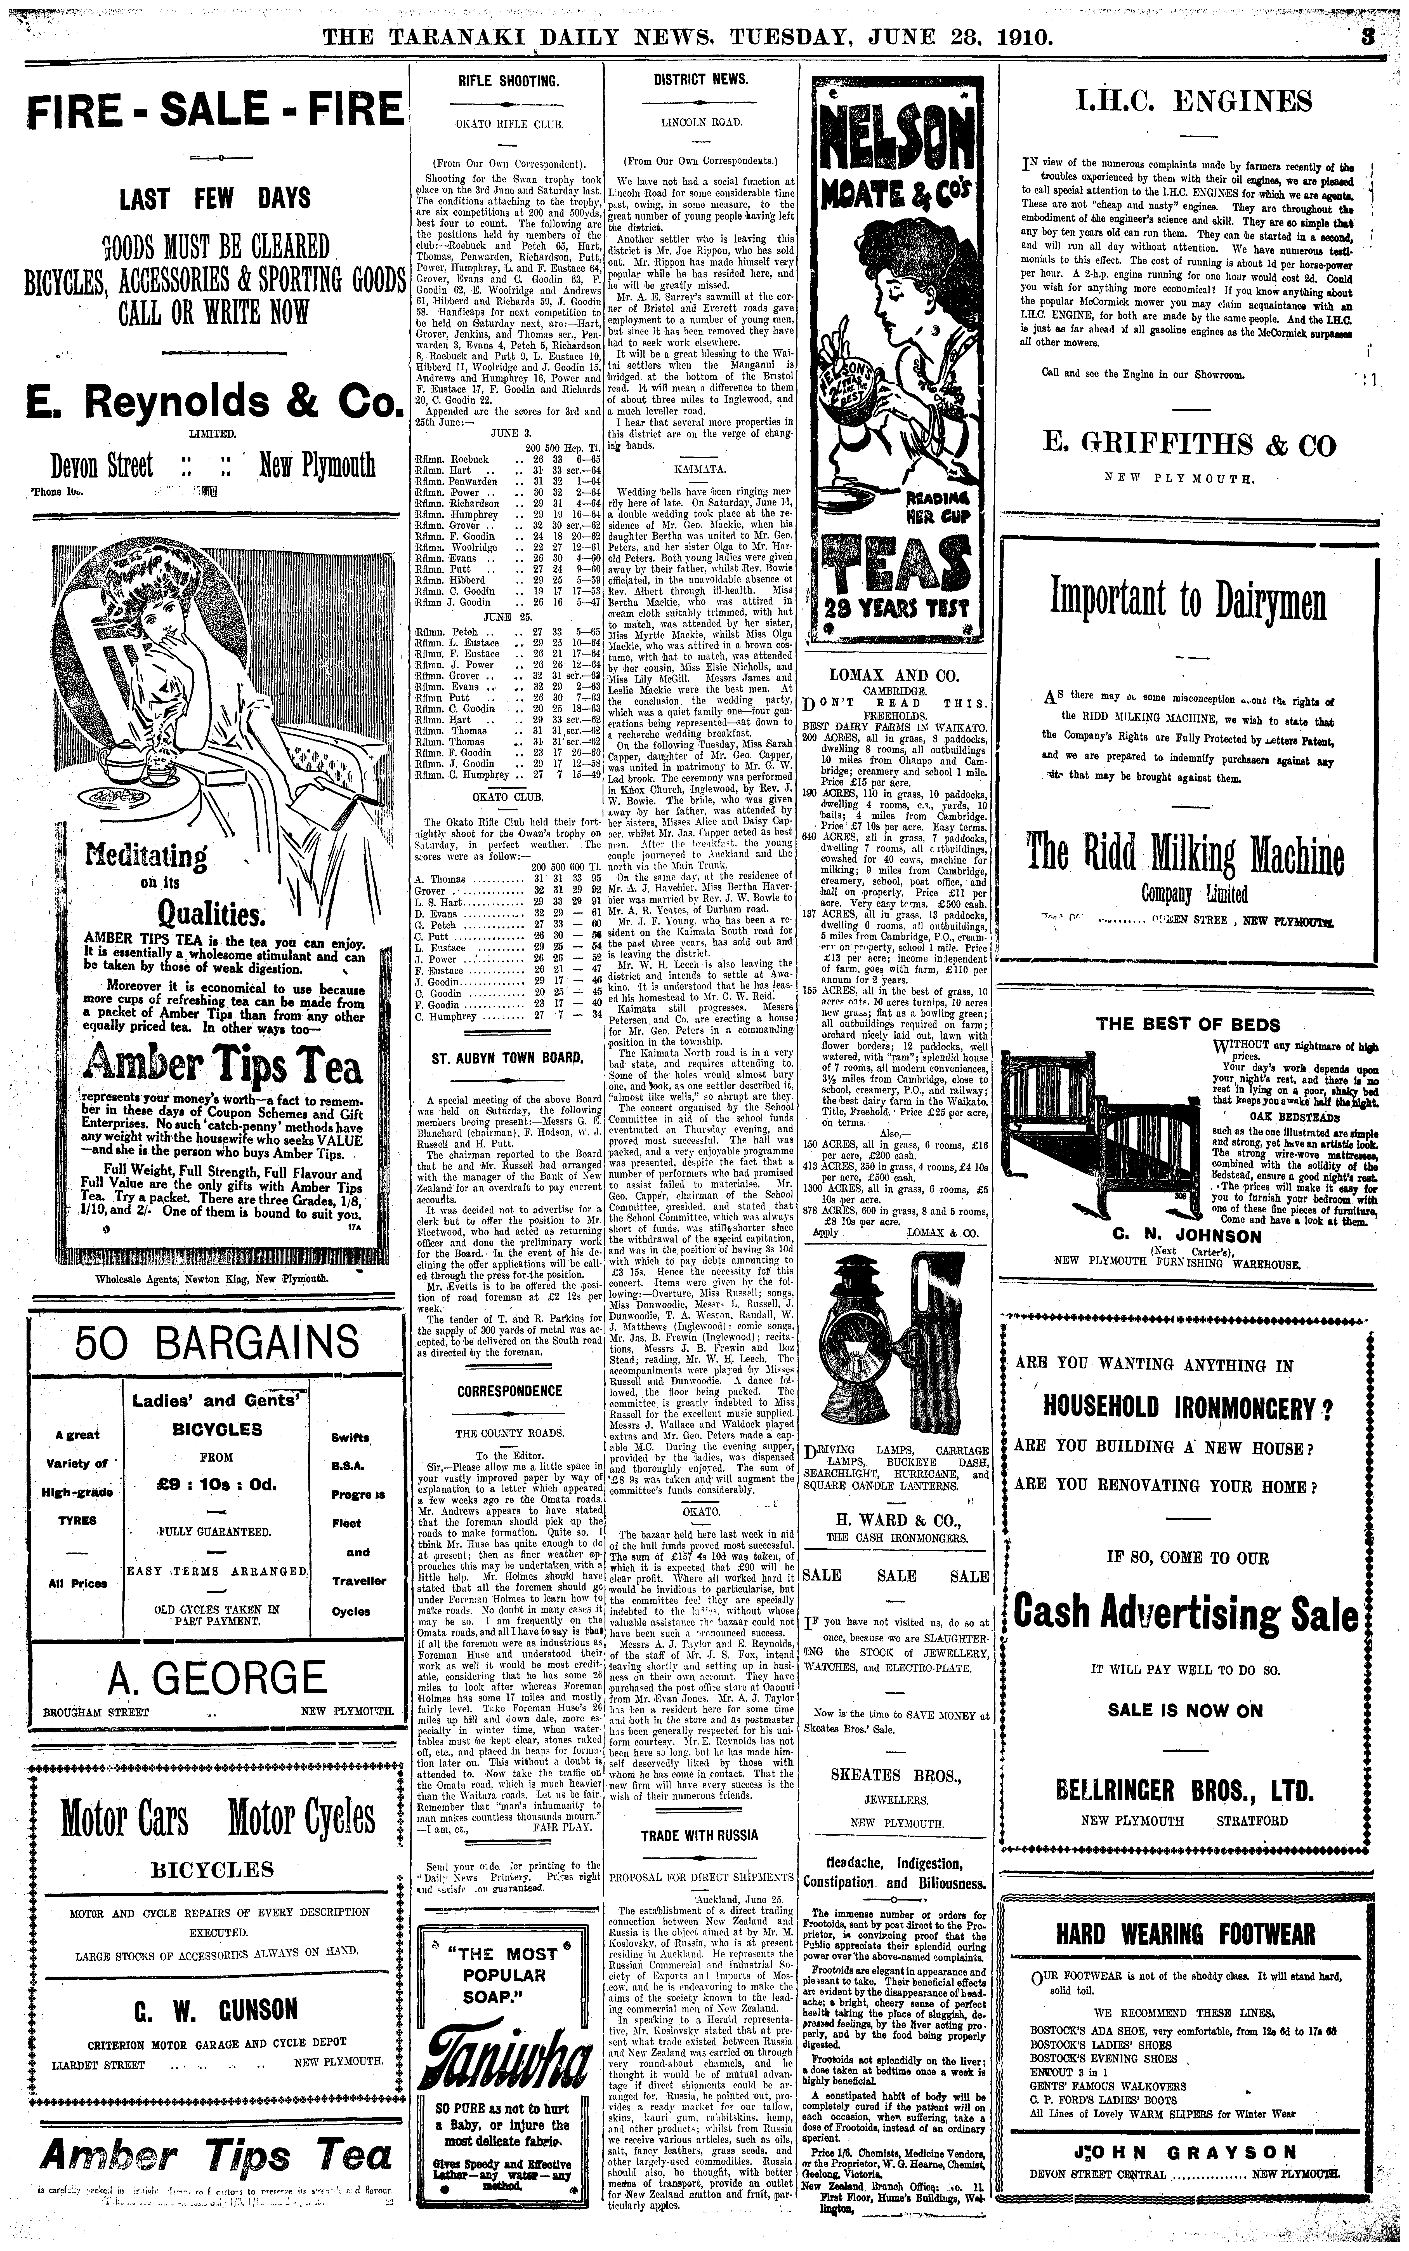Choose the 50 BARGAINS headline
coord(217,1343)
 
